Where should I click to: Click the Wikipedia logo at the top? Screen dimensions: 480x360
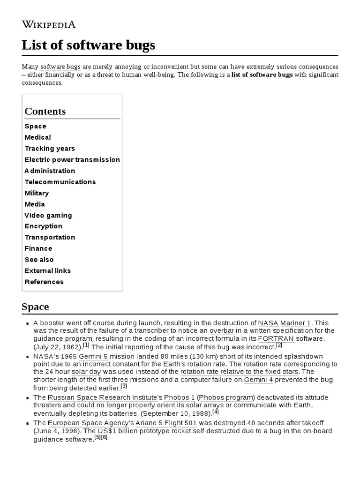(x=49, y=24)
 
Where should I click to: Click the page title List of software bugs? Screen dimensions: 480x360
(x=88, y=45)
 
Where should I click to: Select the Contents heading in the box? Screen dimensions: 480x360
(x=45, y=111)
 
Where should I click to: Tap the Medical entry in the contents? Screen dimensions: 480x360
(x=37, y=137)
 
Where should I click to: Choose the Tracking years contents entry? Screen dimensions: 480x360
(x=50, y=149)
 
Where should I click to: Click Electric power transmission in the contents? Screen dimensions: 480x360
(x=72, y=160)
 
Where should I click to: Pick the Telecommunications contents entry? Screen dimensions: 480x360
(x=60, y=182)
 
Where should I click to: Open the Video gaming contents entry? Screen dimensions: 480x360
(x=48, y=216)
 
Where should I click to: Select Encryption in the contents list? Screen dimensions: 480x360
(x=43, y=226)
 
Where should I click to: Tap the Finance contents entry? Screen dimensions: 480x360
(x=38, y=248)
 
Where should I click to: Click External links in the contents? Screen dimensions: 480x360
(x=48, y=270)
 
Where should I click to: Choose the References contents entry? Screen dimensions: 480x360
(x=44, y=282)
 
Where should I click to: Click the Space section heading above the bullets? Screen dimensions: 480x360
(x=35, y=307)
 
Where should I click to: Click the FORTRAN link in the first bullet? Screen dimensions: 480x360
(x=276, y=338)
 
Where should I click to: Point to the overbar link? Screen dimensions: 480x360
(x=222, y=330)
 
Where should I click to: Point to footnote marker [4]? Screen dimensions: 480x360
(x=216, y=412)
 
